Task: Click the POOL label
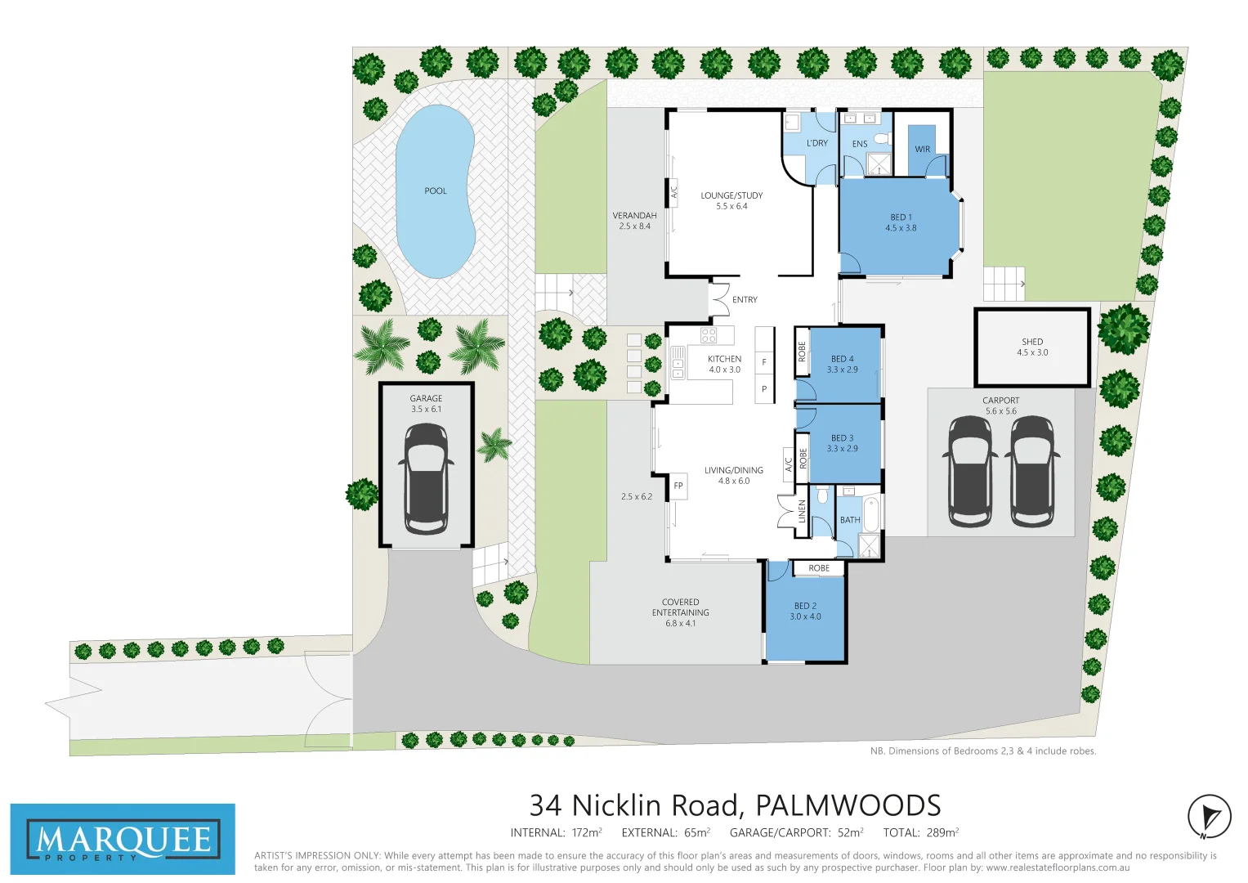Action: point(436,190)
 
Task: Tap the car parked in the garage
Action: point(426,479)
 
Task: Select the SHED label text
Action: point(1032,342)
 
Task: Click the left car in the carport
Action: point(969,472)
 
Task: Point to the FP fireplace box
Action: point(678,486)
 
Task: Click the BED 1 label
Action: point(901,217)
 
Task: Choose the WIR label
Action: point(922,150)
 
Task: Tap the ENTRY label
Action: point(745,300)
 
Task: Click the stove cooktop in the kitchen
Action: point(709,334)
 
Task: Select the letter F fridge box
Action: point(764,362)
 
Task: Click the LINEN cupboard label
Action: point(802,512)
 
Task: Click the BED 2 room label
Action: point(805,606)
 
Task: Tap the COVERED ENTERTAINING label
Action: point(680,612)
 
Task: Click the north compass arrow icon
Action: point(1210,817)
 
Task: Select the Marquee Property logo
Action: point(123,840)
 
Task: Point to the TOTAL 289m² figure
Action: point(920,832)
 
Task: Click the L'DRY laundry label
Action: point(816,143)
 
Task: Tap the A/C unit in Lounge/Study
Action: point(674,192)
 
